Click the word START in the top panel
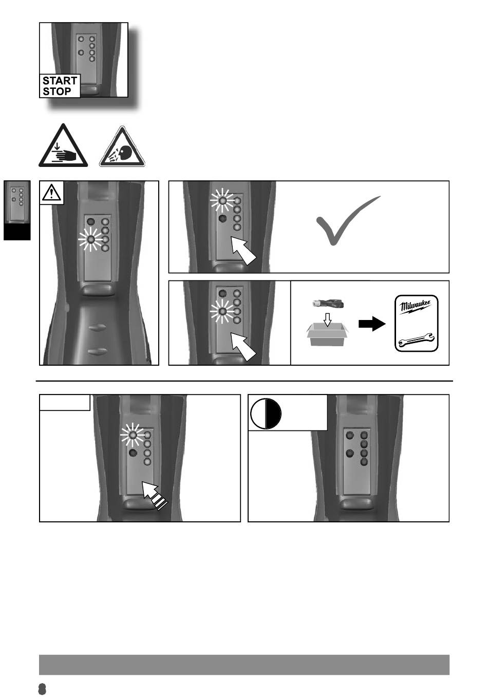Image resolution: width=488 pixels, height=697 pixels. [60, 81]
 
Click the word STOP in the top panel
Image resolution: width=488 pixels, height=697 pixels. [57, 91]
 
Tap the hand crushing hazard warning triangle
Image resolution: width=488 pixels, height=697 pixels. [63, 146]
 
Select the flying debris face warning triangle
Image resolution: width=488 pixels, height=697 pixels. [122, 146]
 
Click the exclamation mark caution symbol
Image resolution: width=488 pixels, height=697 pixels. [52, 192]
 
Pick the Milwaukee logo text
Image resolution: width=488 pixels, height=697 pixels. [415, 307]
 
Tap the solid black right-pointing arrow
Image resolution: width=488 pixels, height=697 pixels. [372, 324]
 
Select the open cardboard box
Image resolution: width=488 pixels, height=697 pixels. [327, 334]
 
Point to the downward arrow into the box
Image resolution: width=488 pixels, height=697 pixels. [327, 319]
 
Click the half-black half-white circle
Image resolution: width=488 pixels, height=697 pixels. [266, 414]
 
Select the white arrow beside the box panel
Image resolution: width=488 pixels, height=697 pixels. [243, 347]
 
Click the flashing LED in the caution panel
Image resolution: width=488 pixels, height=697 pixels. [90, 239]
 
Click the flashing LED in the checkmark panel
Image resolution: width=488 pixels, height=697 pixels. [222, 201]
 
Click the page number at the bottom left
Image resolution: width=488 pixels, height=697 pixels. [42, 689]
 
